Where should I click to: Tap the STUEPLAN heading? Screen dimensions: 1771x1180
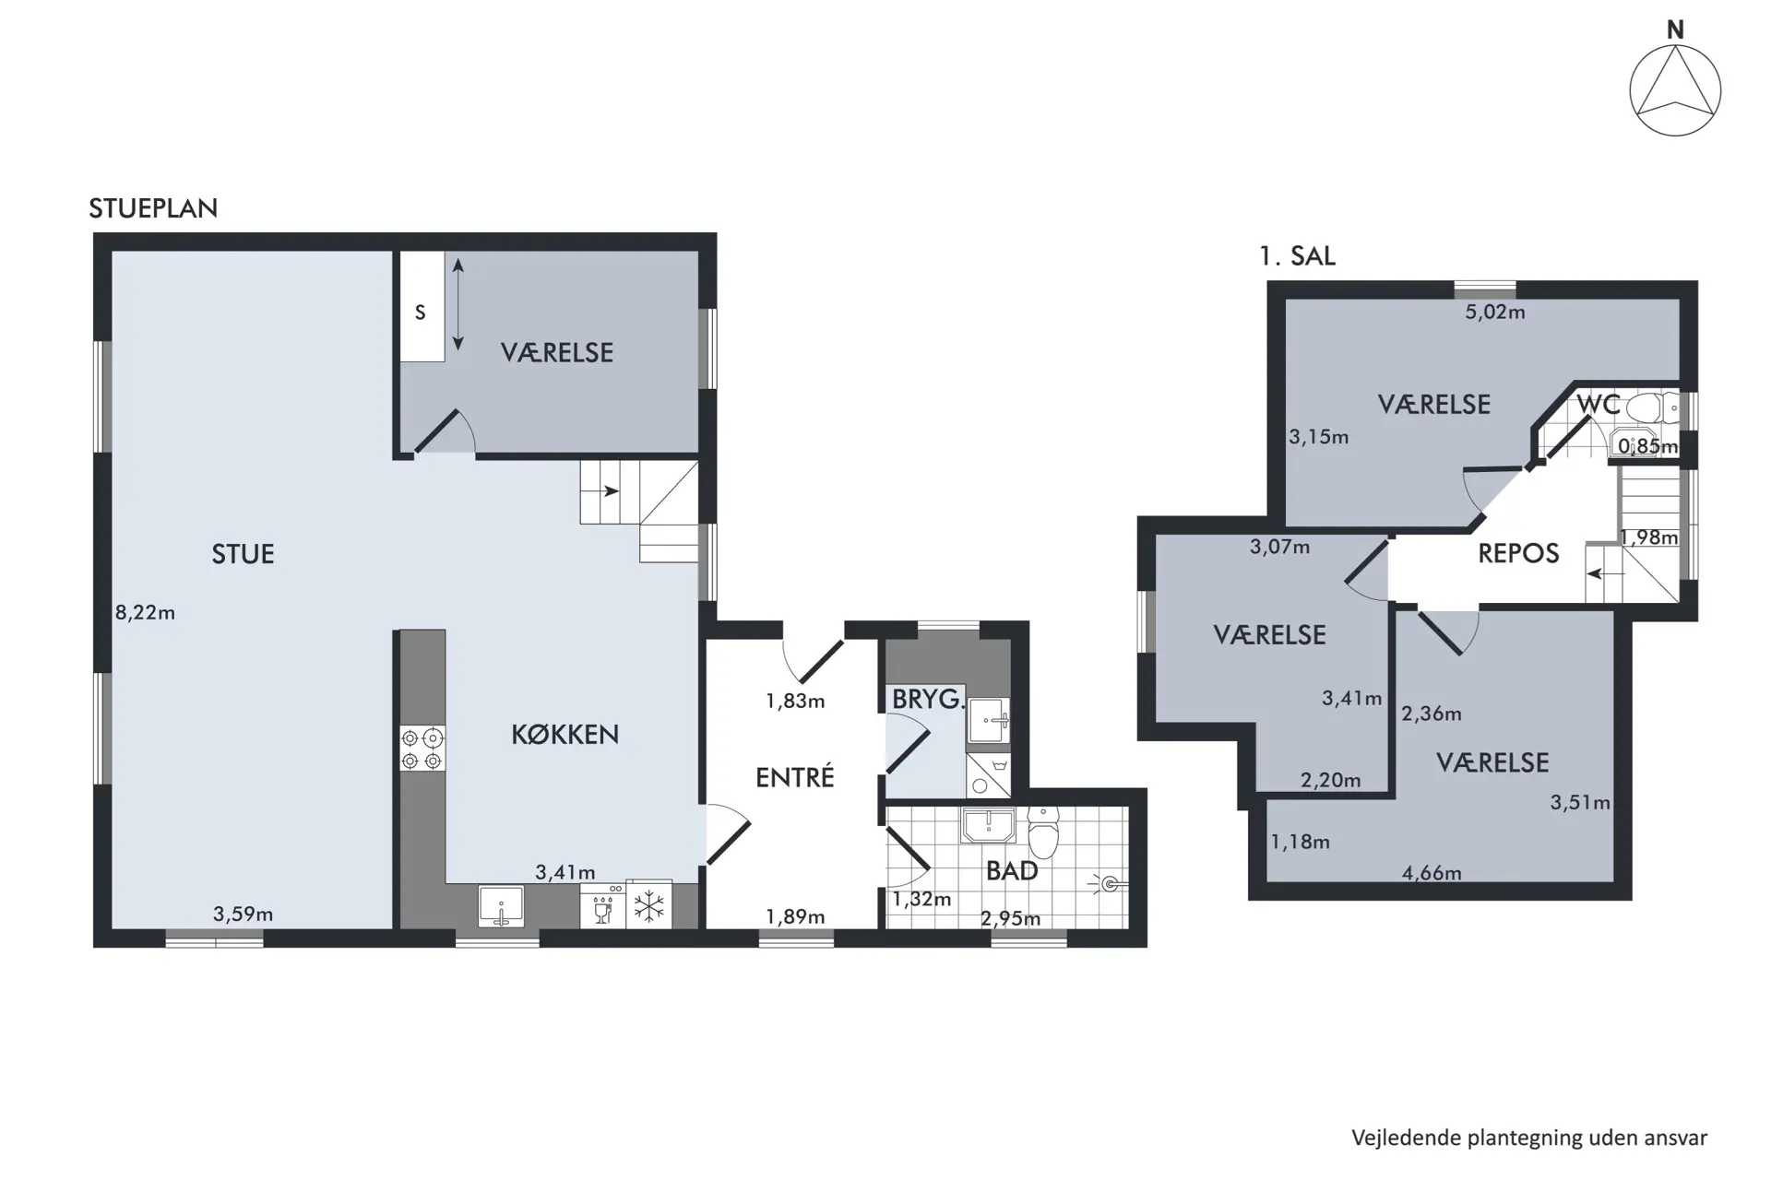[x=153, y=208]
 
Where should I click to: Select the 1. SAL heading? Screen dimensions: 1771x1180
[x=1297, y=255]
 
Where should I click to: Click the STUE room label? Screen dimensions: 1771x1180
[x=243, y=554]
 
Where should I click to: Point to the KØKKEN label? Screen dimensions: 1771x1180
[x=565, y=734]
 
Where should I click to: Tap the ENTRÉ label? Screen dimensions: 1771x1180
[x=794, y=777]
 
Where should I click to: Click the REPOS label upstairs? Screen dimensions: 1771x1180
[x=1518, y=553]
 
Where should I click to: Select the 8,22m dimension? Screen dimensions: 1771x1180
[x=145, y=612]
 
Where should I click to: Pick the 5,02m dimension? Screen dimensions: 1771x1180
[x=1495, y=312]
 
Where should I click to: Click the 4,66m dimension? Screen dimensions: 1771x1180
[x=1432, y=872]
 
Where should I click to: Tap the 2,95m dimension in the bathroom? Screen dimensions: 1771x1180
[x=1010, y=918]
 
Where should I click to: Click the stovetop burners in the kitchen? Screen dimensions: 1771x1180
[x=422, y=749]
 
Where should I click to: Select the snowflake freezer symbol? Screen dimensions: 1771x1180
[x=649, y=905]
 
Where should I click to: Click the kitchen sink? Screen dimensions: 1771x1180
[x=501, y=906]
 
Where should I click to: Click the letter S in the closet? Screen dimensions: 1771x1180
[x=420, y=313]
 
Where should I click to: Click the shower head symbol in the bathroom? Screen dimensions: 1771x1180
[x=1111, y=884]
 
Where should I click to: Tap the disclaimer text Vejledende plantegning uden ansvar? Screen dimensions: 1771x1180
[x=1529, y=1139]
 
